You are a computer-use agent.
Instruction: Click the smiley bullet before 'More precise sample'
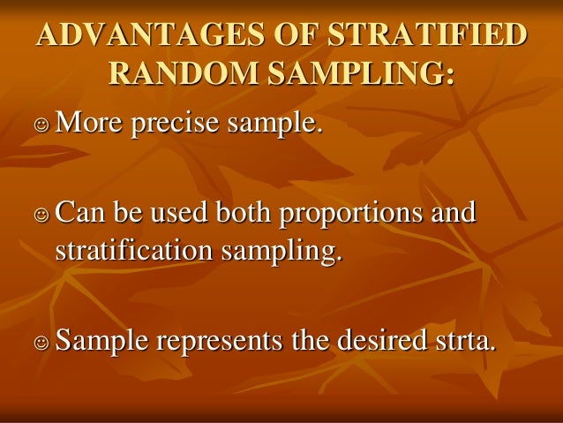[41, 127]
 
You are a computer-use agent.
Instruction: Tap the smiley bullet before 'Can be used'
[41, 215]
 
